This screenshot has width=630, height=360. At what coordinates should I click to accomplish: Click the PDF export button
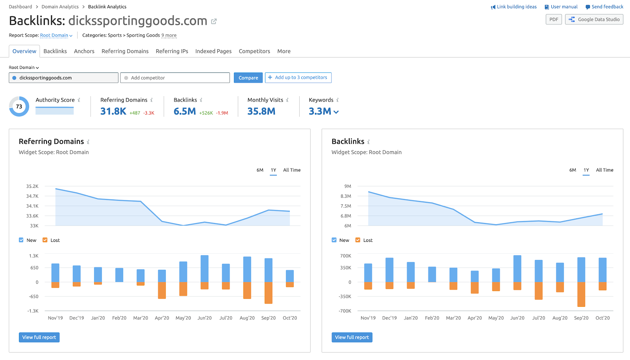[x=554, y=19]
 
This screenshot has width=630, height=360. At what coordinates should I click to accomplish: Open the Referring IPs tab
[x=172, y=51]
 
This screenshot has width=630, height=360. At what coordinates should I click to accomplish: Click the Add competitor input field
[x=175, y=78]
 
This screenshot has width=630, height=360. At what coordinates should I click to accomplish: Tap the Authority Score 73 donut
[x=19, y=106]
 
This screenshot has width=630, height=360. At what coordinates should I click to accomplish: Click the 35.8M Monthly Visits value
[x=261, y=111]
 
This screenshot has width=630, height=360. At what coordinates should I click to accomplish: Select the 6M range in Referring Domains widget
[x=260, y=170]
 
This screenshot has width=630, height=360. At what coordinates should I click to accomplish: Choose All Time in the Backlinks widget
[x=604, y=170]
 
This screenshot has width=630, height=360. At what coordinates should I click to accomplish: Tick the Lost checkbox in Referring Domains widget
[x=45, y=240]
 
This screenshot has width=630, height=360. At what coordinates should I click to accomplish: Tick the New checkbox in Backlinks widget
[x=334, y=240]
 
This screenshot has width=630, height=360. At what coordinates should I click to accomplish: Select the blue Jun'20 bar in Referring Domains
[x=204, y=268]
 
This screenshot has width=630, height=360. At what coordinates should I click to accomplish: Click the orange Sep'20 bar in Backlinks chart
[x=581, y=294]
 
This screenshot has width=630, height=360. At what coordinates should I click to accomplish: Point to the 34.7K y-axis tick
[x=32, y=196]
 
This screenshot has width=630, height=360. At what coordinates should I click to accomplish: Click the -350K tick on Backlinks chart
[x=345, y=297]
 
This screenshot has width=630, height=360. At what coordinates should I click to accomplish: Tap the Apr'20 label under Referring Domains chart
[x=162, y=318]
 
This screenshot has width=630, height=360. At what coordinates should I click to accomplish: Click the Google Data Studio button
[x=594, y=19]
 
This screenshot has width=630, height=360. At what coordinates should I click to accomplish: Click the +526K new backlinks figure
[x=206, y=113]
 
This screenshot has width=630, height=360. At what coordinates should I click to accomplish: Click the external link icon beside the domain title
[x=214, y=21]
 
